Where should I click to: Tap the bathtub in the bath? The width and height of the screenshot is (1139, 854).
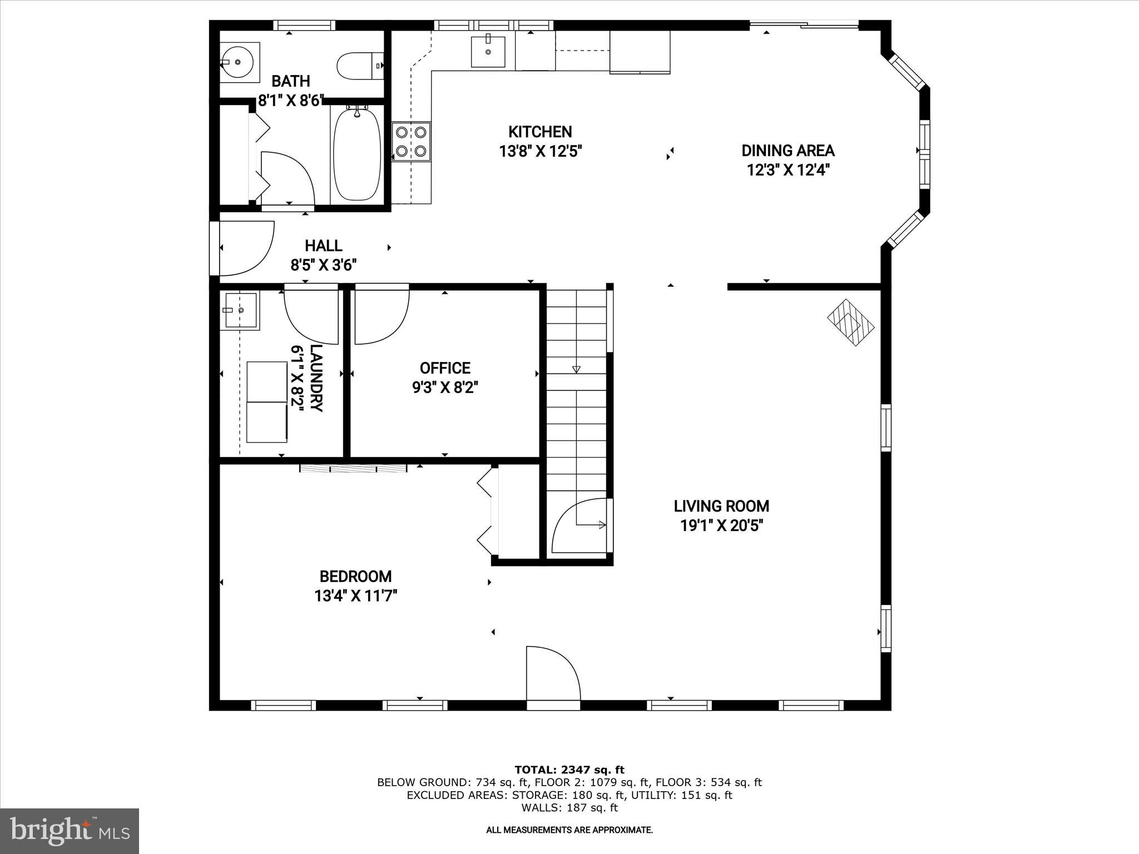click(357, 154)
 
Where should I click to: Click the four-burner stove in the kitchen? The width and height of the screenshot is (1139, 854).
click(412, 141)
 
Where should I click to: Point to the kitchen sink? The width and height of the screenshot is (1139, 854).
click(488, 52)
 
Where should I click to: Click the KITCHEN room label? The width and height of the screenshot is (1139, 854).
click(540, 132)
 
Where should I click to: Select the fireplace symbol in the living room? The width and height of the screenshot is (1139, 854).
click(850, 323)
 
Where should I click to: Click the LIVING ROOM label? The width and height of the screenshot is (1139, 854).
click(721, 506)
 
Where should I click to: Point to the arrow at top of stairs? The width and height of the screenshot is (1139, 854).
click(576, 369)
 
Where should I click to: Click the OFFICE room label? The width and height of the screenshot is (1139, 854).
click(445, 368)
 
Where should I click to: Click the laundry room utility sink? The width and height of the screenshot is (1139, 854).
click(239, 310)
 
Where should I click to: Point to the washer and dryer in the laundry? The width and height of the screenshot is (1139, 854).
click(267, 402)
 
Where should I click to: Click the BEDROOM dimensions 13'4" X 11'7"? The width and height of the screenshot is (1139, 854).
click(355, 596)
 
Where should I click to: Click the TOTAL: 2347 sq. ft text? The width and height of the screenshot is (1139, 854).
click(569, 770)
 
